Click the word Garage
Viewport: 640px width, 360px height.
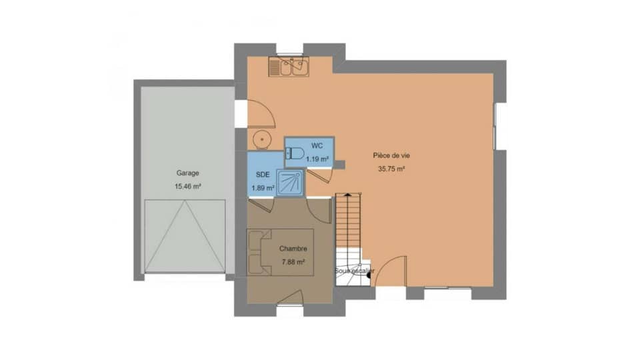[x=187, y=173]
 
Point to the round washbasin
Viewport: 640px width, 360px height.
[x=262, y=139]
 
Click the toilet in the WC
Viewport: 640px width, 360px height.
[x=294, y=153]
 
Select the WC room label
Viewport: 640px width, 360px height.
[x=317, y=145]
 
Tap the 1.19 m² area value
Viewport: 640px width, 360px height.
[x=317, y=159]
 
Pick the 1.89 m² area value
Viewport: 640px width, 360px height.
[x=262, y=188]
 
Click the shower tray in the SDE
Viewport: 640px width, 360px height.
[x=290, y=183]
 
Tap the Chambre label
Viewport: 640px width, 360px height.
[x=293, y=249]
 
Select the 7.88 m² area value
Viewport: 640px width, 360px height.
[x=293, y=263]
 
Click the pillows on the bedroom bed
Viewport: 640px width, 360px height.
[x=255, y=252]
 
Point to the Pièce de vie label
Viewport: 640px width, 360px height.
[x=391, y=155]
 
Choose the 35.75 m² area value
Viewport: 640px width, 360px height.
[x=391, y=169]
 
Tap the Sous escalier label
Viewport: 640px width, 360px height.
[x=354, y=271]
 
